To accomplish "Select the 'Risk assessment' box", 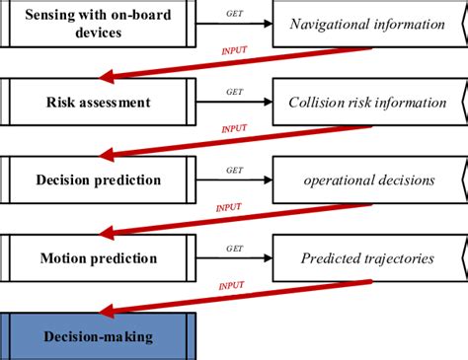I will click(x=99, y=102).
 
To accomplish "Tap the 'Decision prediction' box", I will click(x=99, y=180).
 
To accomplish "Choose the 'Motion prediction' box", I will click(x=99, y=258).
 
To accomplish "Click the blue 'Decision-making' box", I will click(x=99, y=336).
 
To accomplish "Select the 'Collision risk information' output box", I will click(x=366, y=102).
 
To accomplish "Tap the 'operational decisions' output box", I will click(x=366, y=180).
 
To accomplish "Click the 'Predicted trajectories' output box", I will click(x=366, y=258).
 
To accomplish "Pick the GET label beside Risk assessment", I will click(x=234, y=92).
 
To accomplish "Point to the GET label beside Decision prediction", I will click(x=234, y=170).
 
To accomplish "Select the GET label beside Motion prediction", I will click(x=234, y=249).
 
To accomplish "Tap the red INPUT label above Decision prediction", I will click(x=234, y=128).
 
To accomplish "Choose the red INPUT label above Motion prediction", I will click(x=229, y=207).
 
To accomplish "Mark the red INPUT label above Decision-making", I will click(x=230, y=285).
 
